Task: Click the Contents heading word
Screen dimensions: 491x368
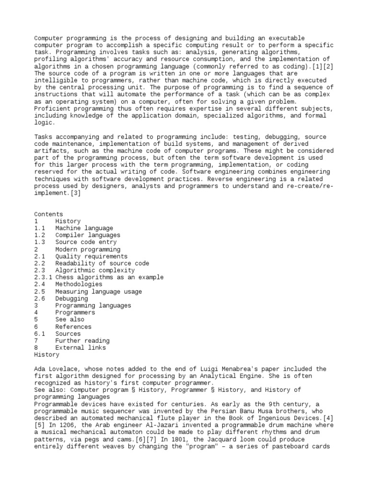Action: coord(48,214)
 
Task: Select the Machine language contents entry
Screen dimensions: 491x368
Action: coord(84,228)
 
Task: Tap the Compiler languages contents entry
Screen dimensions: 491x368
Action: coord(88,235)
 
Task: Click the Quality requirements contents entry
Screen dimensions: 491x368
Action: coord(92,257)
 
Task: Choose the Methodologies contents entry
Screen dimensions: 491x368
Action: coord(79,284)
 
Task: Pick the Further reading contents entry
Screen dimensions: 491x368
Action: coord(82,341)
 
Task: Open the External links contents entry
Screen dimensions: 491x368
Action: coord(82,348)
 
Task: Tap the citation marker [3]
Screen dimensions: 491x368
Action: coord(76,193)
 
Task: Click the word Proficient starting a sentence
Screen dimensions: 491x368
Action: coord(52,109)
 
